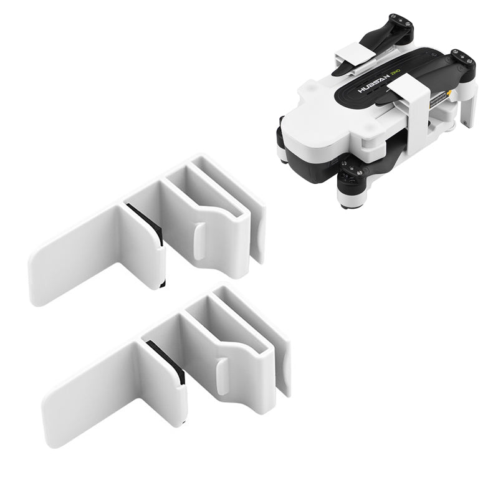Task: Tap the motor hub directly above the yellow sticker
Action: coord(461,60)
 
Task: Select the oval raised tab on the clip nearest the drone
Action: coord(198,242)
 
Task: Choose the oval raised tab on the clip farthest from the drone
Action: coord(222,375)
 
